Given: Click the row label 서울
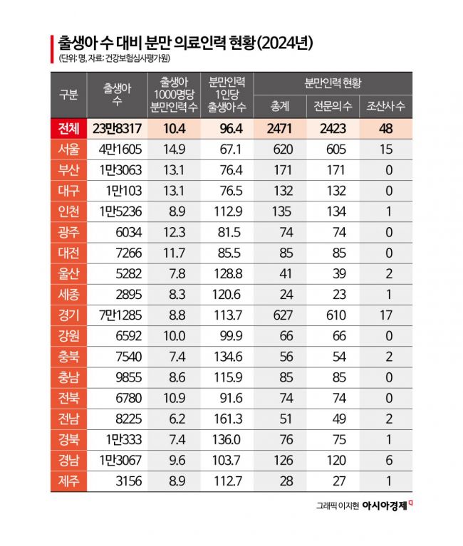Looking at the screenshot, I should coord(68,149).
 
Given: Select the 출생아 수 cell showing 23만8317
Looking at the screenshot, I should coord(117,128).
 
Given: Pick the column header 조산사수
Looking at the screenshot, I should coord(385,107).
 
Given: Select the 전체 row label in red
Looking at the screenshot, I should coord(68,128).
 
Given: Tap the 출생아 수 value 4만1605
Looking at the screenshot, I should coord(117,149).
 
